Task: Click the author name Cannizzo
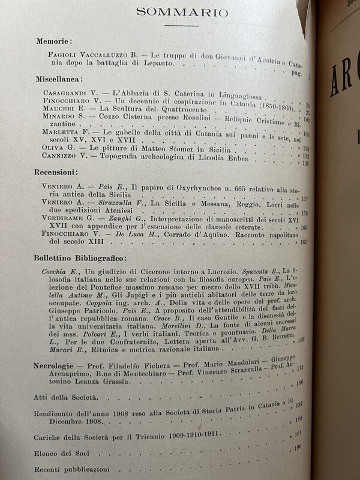pyautogui.click(x=59, y=155)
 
